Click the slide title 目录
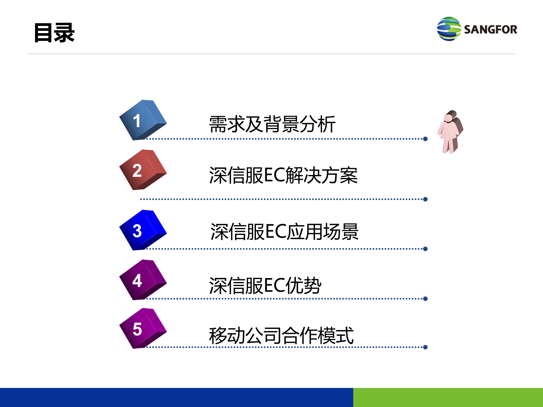[x=54, y=33]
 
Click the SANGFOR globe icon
[x=449, y=29]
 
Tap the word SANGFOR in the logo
[x=490, y=30]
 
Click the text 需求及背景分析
[x=272, y=124]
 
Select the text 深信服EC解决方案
[x=283, y=175]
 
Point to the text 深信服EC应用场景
[x=284, y=232]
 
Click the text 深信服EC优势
[x=265, y=285]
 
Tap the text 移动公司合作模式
[x=281, y=335]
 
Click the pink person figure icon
[x=450, y=132]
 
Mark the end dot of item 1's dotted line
[x=425, y=139]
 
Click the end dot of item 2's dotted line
[x=425, y=199]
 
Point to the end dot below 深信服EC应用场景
[x=425, y=249]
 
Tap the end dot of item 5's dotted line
[x=425, y=347]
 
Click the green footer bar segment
[x=448, y=397]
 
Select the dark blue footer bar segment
[x=176, y=397]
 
